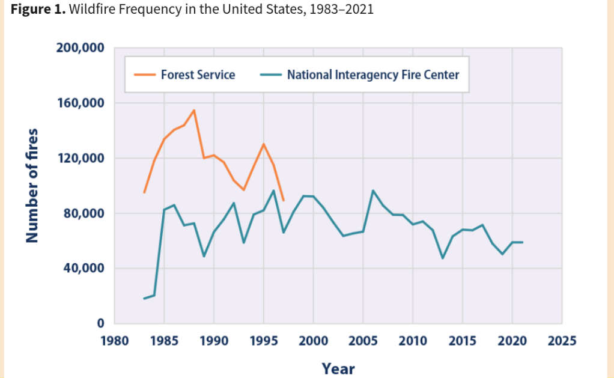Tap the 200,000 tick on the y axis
click(80, 48)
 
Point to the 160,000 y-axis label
click(80, 103)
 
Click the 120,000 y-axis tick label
click(80, 159)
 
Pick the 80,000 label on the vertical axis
click(83, 214)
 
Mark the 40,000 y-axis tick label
click(83, 269)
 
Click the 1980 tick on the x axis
click(114, 341)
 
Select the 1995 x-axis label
click(263, 341)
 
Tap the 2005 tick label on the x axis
click(363, 341)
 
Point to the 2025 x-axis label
click(562, 341)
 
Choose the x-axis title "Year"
click(338, 368)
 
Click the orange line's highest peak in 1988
click(194, 110)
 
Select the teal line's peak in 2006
click(372, 191)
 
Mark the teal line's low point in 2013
click(443, 258)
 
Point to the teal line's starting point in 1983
click(144, 299)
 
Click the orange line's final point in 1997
click(283, 200)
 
